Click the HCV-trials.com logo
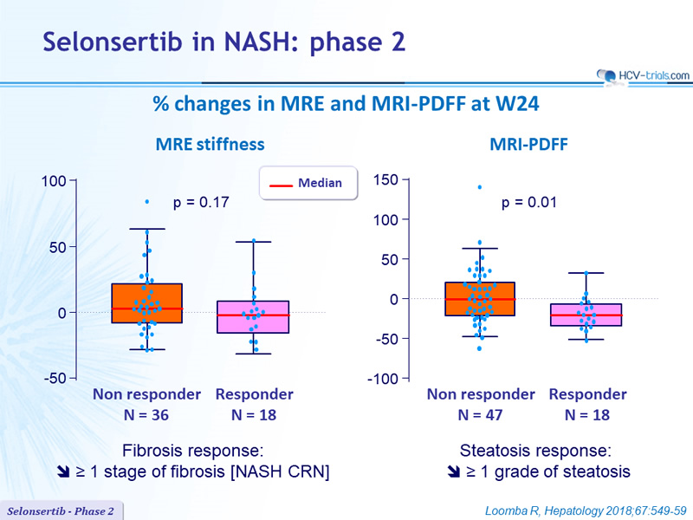643,76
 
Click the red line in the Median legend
281,185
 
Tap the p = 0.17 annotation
201,203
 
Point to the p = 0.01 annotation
529,203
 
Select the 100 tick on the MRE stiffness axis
54,181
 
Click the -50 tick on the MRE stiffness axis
55,379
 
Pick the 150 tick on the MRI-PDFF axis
385,180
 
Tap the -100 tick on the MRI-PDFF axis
383,379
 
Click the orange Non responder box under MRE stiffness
147,303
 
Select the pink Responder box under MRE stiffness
253,317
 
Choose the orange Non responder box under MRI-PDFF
480,299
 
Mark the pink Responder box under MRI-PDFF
586,315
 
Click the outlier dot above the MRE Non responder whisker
147,202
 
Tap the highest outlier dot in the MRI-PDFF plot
480,187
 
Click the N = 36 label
146,415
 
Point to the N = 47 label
480,415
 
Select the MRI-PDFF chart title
528,145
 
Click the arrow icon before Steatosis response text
453,471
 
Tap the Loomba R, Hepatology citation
586,511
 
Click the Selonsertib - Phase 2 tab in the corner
61,511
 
